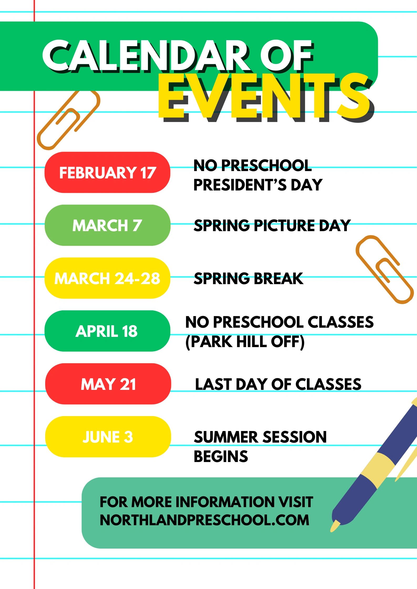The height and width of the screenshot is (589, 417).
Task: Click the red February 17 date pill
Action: coord(107,172)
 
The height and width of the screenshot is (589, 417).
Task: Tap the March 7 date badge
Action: coord(107,225)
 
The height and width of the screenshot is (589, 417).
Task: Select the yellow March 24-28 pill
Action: coord(107,278)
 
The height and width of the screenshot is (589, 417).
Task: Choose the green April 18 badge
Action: coord(107,331)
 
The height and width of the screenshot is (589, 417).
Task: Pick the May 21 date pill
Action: coord(108,384)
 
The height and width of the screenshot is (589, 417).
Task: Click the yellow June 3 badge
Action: coord(108,437)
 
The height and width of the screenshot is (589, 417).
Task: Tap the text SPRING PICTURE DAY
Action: coord(272,225)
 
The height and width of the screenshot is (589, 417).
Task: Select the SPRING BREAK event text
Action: coord(248,278)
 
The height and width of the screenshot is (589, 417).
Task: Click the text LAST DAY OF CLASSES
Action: coord(278,384)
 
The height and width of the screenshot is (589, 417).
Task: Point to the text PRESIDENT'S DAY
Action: coord(258,185)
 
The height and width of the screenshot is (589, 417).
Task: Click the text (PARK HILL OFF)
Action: coord(245,342)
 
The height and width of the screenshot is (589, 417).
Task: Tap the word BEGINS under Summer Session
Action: coord(221,456)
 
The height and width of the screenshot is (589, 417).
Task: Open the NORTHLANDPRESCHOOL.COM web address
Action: coord(204,520)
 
